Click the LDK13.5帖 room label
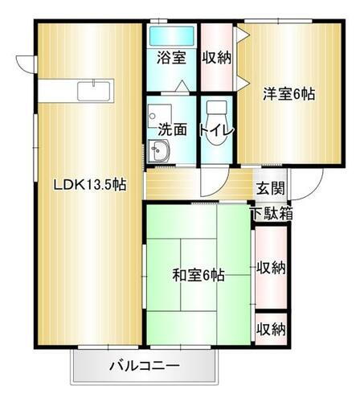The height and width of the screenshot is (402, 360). (x=89, y=184)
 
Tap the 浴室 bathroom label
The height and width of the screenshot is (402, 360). (x=170, y=58)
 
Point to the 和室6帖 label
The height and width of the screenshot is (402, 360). (x=198, y=275)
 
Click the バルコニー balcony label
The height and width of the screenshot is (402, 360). (x=145, y=367)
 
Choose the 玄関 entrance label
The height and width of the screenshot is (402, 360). (x=270, y=189)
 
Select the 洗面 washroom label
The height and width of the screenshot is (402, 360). (x=171, y=129)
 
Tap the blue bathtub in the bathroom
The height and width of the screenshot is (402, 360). (x=171, y=36)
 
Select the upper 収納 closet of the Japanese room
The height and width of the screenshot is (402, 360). (x=271, y=268)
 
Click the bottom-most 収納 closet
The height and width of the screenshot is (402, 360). (x=271, y=329)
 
